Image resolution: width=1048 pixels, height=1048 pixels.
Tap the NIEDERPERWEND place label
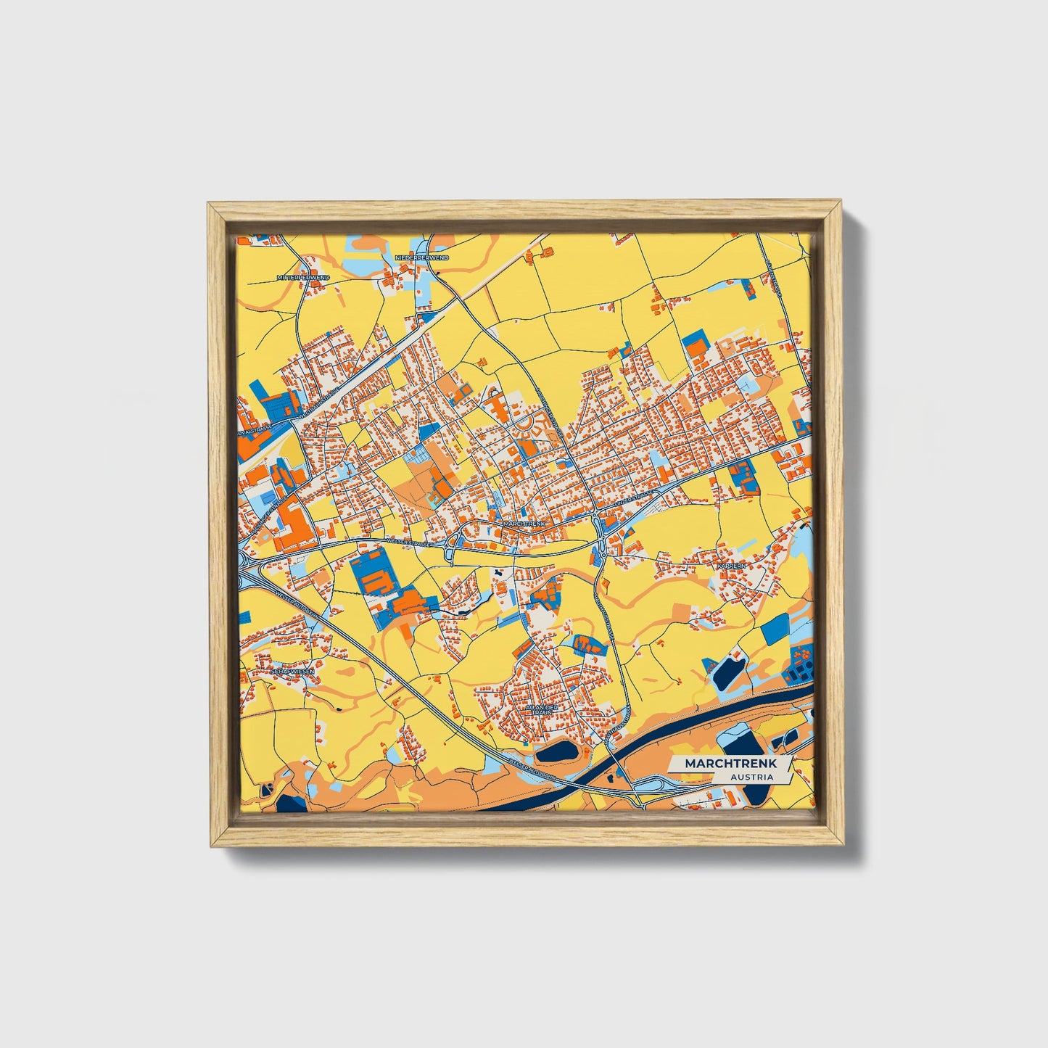point(421,257)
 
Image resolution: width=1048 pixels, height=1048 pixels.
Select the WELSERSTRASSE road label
point(410,542)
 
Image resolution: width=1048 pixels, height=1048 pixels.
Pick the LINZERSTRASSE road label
point(632,500)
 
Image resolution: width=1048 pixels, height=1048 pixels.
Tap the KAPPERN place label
point(730,565)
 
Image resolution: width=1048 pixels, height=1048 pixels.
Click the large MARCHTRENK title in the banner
point(730,764)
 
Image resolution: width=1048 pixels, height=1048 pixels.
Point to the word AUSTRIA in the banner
point(751,777)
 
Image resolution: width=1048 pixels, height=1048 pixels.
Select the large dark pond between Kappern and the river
point(727,672)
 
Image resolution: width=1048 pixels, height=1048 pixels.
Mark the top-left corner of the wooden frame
point(209,204)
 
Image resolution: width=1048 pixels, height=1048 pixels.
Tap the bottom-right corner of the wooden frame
point(843,846)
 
